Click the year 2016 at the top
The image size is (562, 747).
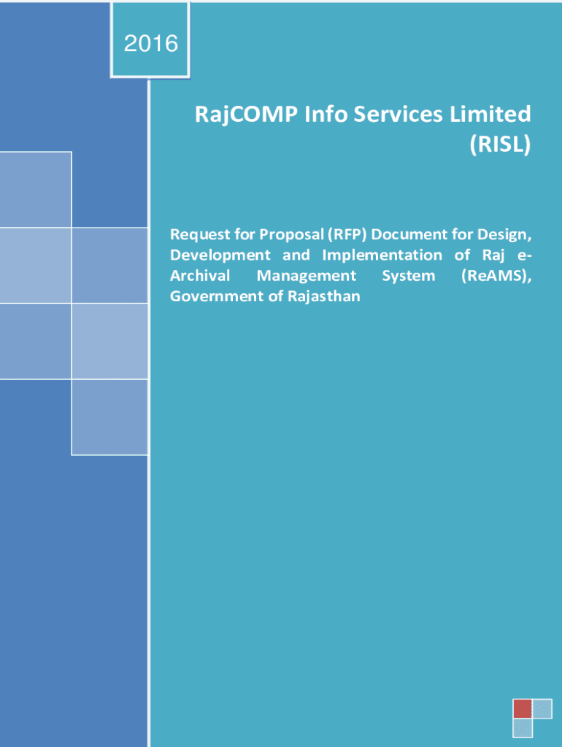click(151, 44)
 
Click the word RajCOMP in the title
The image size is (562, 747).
click(247, 115)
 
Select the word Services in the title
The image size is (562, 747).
click(399, 115)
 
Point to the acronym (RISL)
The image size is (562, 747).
click(500, 144)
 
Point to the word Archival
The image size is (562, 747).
click(200, 275)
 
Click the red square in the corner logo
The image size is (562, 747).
click(523, 708)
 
